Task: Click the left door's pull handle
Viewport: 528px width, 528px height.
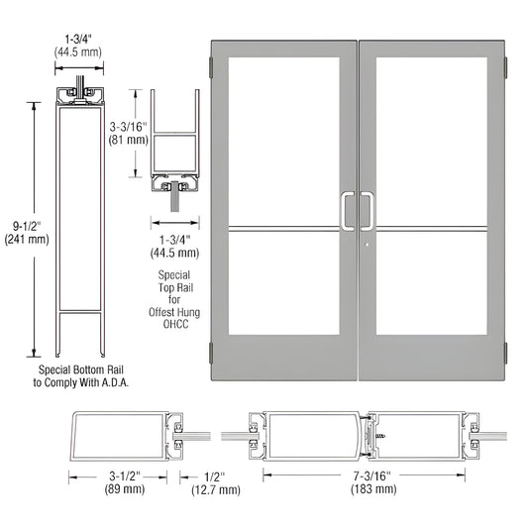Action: pyautogui.click(x=346, y=210)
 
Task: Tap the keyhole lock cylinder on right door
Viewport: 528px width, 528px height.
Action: pyautogui.click(x=367, y=247)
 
